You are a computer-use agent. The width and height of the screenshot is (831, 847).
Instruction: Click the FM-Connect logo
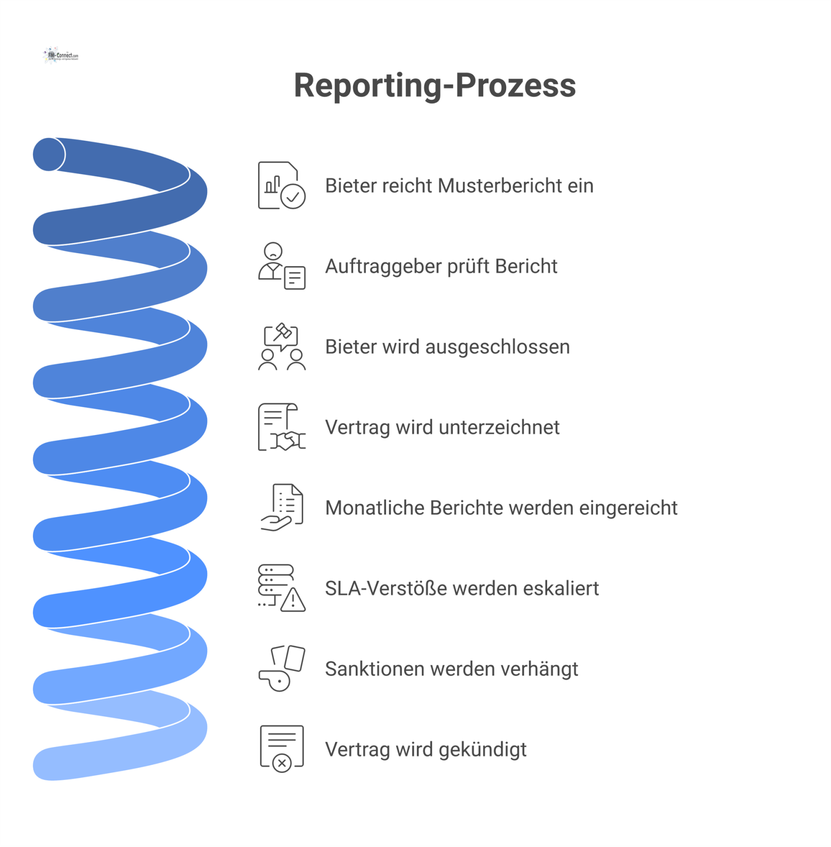click(61, 55)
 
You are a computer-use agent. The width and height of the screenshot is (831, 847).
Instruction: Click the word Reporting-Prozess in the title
click(435, 85)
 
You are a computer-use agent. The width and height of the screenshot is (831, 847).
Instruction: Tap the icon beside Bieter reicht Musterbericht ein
click(281, 185)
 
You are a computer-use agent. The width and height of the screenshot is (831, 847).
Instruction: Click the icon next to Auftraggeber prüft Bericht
click(281, 266)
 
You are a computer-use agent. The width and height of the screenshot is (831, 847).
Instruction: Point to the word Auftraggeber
click(383, 267)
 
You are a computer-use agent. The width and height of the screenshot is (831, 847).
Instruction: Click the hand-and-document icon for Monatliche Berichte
click(281, 507)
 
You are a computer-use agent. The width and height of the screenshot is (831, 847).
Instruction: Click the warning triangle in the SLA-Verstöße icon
click(293, 601)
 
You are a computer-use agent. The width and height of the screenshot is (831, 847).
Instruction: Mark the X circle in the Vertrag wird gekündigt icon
click(282, 763)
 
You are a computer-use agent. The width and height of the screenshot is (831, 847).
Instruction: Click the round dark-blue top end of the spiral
click(49, 155)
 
